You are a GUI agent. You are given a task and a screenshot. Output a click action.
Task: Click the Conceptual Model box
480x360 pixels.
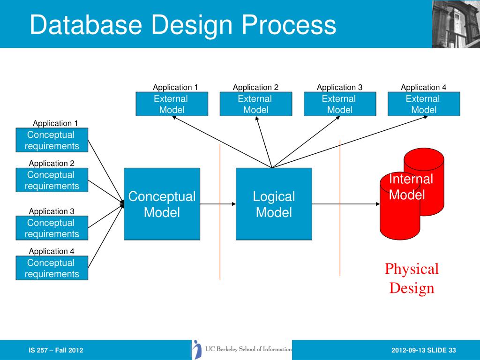(x=162, y=204)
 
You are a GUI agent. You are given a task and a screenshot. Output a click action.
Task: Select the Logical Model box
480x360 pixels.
(x=274, y=204)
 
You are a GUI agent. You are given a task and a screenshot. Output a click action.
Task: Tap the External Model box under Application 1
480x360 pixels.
(x=172, y=104)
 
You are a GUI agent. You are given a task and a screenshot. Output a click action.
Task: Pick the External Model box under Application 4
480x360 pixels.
(x=424, y=104)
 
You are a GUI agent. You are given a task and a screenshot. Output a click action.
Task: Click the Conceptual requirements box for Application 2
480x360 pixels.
(x=52, y=180)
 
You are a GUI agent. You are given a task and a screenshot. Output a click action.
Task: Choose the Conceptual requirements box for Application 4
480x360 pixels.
(x=52, y=268)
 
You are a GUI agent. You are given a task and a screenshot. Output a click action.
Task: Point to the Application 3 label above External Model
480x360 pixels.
(x=339, y=87)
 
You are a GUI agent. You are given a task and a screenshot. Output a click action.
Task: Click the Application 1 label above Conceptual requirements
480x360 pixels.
(x=55, y=123)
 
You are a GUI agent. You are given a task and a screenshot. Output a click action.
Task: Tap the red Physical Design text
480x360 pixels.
(x=412, y=278)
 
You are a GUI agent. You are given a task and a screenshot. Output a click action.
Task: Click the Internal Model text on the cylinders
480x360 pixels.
(x=411, y=187)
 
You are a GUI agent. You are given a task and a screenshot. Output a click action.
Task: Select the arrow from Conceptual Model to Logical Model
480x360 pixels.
(x=218, y=204)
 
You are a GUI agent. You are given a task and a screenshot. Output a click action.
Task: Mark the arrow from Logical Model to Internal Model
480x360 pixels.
(x=346, y=204)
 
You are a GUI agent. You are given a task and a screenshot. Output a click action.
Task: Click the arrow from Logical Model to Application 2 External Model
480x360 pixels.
(x=264, y=142)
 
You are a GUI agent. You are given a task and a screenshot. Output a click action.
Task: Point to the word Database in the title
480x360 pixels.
(x=86, y=24)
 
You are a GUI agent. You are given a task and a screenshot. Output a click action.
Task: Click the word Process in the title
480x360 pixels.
(x=289, y=24)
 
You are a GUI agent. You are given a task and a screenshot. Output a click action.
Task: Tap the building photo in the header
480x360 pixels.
(x=456, y=24)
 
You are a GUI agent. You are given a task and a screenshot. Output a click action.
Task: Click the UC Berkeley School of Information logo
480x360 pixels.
(x=242, y=349)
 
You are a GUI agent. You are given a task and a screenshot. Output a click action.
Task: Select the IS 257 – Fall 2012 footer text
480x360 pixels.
(x=56, y=350)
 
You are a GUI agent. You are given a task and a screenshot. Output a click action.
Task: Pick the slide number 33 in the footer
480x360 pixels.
(x=452, y=350)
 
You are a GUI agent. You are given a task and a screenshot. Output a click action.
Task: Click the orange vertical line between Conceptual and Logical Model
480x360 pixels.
(x=220, y=212)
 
